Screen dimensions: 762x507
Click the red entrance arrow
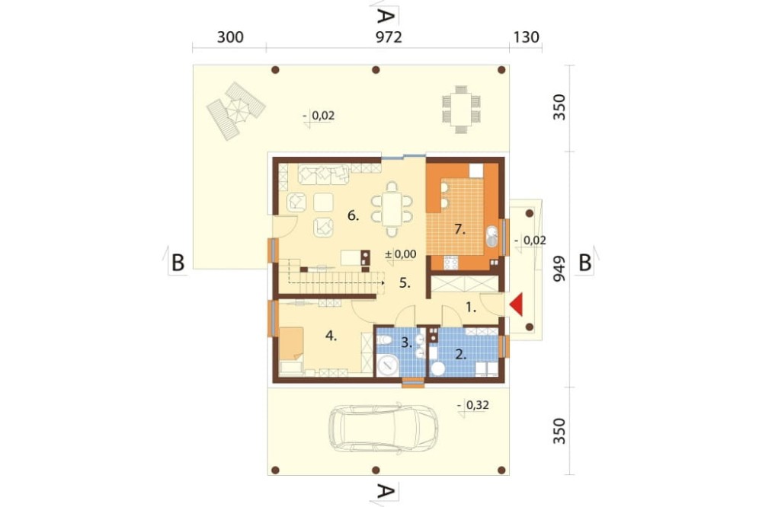pyautogui.click(x=517, y=305)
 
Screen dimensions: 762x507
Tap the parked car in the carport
pyautogui.click(x=383, y=428)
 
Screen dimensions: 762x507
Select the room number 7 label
pyautogui.click(x=459, y=229)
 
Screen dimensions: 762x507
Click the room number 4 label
pyautogui.click(x=331, y=336)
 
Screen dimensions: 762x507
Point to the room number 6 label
pyautogui.click(x=354, y=215)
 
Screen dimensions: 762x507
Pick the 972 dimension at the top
pyautogui.click(x=389, y=37)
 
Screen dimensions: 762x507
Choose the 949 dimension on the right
pyautogui.click(x=560, y=269)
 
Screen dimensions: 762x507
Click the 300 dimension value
pyautogui.click(x=230, y=37)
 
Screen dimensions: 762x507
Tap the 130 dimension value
pyautogui.click(x=526, y=37)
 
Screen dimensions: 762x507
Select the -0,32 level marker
pyautogui.click(x=474, y=406)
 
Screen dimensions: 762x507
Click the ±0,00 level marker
pyautogui.click(x=401, y=254)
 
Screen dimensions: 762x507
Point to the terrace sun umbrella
pyautogui.click(x=235, y=110)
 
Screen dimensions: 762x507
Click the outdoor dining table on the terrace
pyautogui.click(x=461, y=110)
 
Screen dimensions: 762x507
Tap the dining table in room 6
pyautogui.click(x=392, y=209)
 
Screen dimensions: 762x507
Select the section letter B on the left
pyautogui.click(x=178, y=263)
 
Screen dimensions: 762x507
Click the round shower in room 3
pyautogui.click(x=389, y=365)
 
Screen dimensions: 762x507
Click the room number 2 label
pyautogui.click(x=459, y=355)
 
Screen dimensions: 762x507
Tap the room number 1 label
pyautogui.click(x=470, y=307)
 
